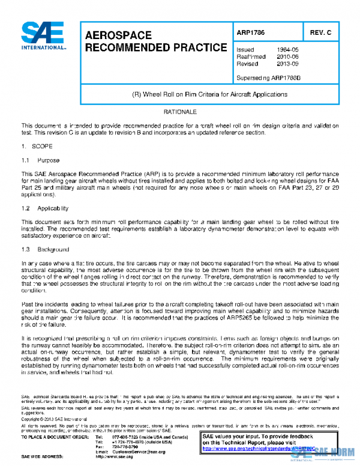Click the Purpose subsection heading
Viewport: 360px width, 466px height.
48,160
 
